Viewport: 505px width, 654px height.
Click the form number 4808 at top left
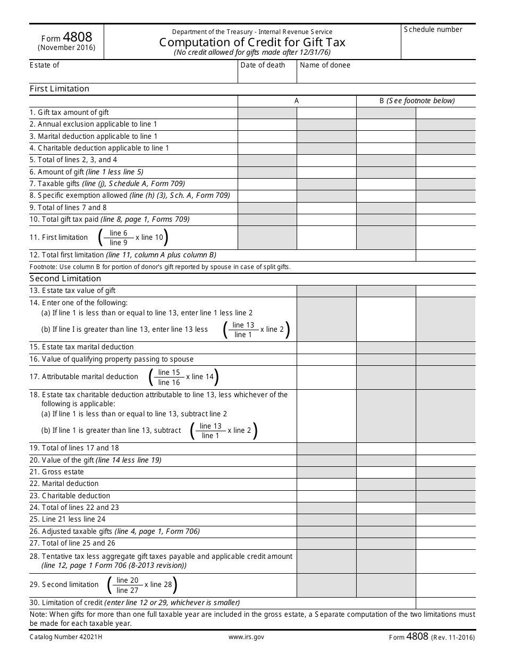click(78, 37)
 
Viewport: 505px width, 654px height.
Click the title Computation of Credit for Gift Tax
click(252, 43)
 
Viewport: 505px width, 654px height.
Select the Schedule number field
click(438, 45)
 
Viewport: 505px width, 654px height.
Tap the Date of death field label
click(263, 65)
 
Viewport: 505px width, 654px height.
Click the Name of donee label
click(325, 65)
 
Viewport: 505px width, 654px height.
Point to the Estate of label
click(45, 65)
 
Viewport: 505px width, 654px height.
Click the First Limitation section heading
click(60, 89)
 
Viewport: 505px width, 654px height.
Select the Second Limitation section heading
click(65, 279)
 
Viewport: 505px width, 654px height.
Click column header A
click(297, 100)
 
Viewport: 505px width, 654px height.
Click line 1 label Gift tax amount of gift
click(69, 113)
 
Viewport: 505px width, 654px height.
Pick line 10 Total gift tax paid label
click(110, 219)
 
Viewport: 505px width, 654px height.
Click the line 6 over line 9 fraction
click(119, 238)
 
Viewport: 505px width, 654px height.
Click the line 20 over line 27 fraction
click(127, 585)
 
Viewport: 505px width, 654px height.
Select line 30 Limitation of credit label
click(134, 603)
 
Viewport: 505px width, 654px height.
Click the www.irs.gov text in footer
click(246, 636)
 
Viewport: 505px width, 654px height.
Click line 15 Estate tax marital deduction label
click(82, 347)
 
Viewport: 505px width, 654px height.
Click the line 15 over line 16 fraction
click(169, 377)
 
